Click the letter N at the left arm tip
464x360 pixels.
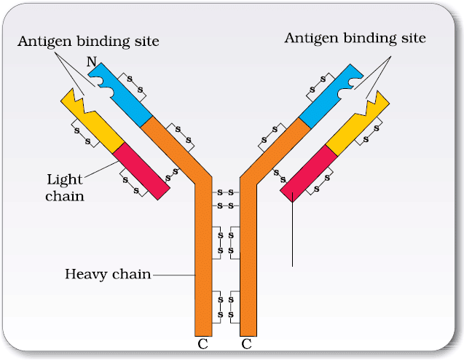pos(92,62)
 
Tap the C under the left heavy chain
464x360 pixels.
pos(202,344)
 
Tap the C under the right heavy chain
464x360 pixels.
pos(246,344)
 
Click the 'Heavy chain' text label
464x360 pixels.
pos(108,275)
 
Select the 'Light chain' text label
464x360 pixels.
pos(65,188)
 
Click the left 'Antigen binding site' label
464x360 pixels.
pos(88,42)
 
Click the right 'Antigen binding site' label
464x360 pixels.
pos(355,39)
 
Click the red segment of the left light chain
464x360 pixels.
pos(141,171)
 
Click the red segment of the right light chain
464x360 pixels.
pos(309,173)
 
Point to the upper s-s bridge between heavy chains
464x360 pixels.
pos(226,192)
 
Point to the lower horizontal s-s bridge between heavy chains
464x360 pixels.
pos(226,206)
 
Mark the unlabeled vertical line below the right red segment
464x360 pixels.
pos(292,230)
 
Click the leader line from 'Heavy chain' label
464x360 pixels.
pos(174,275)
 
